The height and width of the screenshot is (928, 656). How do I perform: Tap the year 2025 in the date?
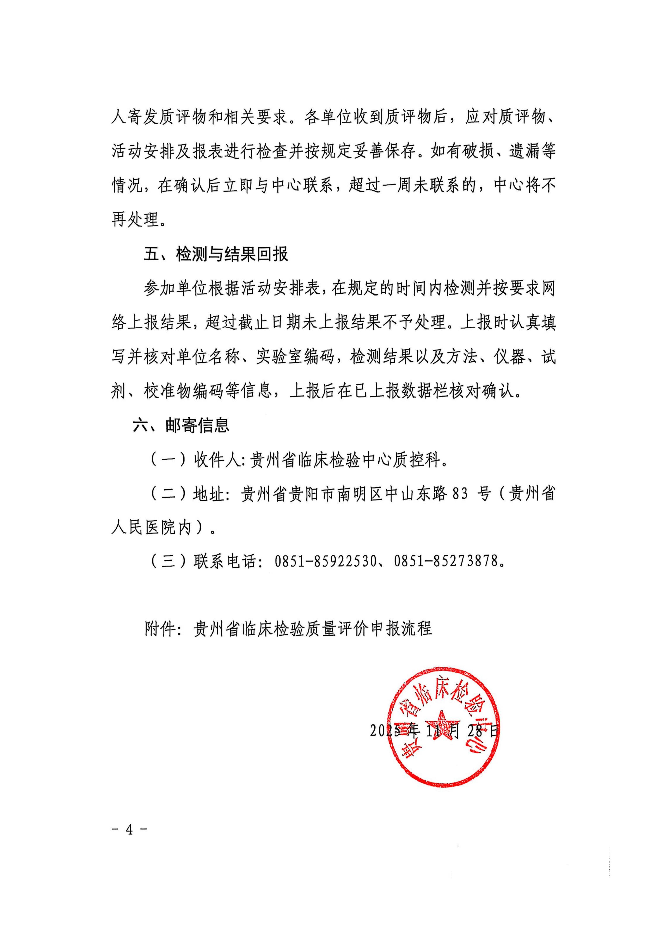[385, 730]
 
